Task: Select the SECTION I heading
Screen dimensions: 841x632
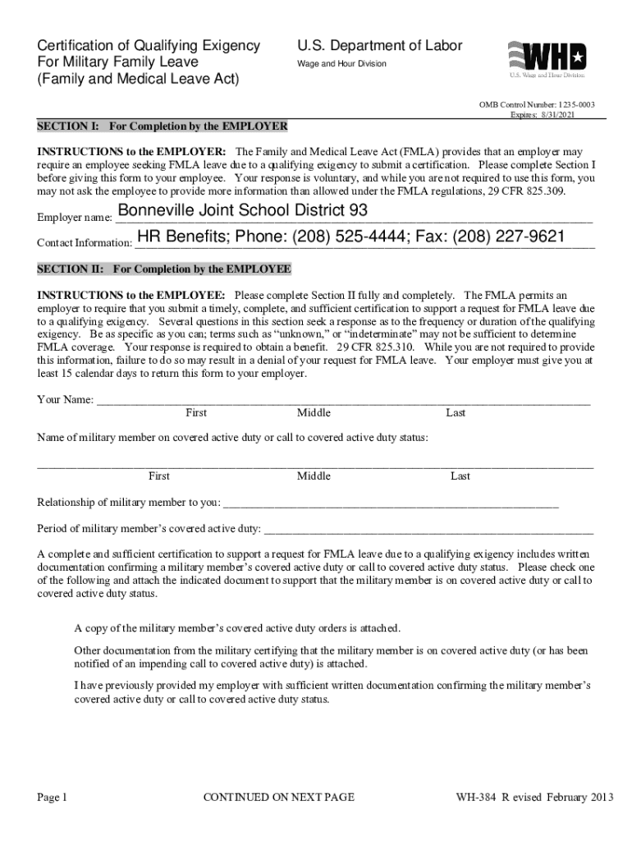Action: click(x=163, y=126)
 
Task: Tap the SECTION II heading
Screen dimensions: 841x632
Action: click(x=164, y=269)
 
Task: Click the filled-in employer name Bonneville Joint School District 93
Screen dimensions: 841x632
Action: click(x=243, y=211)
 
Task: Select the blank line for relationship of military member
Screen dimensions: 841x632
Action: click(x=391, y=502)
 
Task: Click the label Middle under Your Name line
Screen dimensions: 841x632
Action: click(x=314, y=413)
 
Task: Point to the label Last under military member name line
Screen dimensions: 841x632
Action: click(x=460, y=476)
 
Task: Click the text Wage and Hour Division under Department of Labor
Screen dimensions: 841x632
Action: click(x=341, y=64)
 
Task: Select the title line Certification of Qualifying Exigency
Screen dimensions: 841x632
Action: click(x=149, y=46)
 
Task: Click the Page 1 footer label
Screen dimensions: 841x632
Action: click(x=52, y=797)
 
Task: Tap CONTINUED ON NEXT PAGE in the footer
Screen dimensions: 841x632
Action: click(x=279, y=797)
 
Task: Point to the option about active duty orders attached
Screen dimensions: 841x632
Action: click(x=237, y=628)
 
